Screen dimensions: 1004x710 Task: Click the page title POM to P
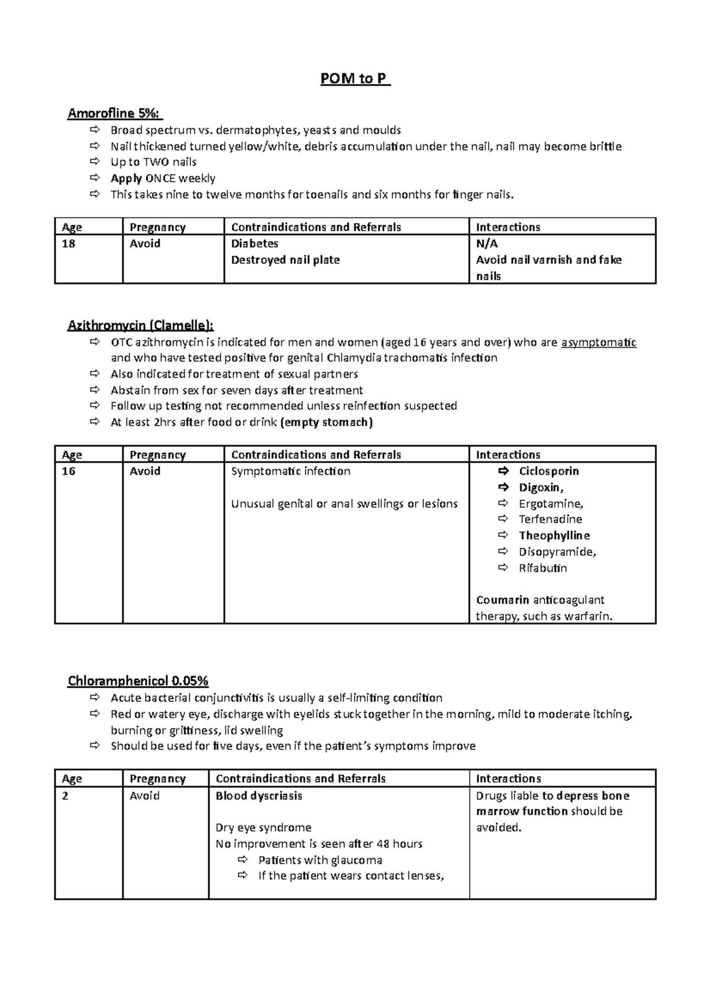pyautogui.click(x=355, y=79)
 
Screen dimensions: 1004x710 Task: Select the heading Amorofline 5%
pyautogui.click(x=115, y=113)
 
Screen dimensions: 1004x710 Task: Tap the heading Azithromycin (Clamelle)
pyautogui.click(x=141, y=325)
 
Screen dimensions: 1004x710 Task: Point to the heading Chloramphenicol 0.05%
pyautogui.click(x=138, y=681)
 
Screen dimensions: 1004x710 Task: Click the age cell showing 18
pyautogui.click(x=69, y=244)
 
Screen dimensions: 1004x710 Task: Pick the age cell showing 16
pyautogui.click(x=69, y=471)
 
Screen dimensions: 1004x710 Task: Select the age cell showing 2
pyautogui.click(x=65, y=796)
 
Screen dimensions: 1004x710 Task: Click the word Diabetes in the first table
pyautogui.click(x=254, y=244)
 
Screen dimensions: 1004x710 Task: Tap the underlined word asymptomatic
pyautogui.click(x=598, y=342)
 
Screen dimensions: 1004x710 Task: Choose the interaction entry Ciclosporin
pyautogui.click(x=548, y=471)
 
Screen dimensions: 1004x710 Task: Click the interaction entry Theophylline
pyautogui.click(x=554, y=536)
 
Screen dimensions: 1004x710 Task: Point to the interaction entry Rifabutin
pyautogui.click(x=543, y=568)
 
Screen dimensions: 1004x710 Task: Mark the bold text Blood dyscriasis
pyautogui.click(x=259, y=796)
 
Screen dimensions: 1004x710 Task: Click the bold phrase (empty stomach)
pyautogui.click(x=327, y=422)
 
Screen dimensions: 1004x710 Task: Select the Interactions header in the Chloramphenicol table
pyautogui.click(x=508, y=779)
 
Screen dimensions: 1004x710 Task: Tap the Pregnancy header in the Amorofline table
pyautogui.click(x=157, y=227)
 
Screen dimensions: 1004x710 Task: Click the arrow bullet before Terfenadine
pyautogui.click(x=503, y=519)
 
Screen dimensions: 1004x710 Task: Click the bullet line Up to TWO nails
pyautogui.click(x=153, y=162)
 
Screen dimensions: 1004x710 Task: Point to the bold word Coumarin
pyautogui.click(x=502, y=600)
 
